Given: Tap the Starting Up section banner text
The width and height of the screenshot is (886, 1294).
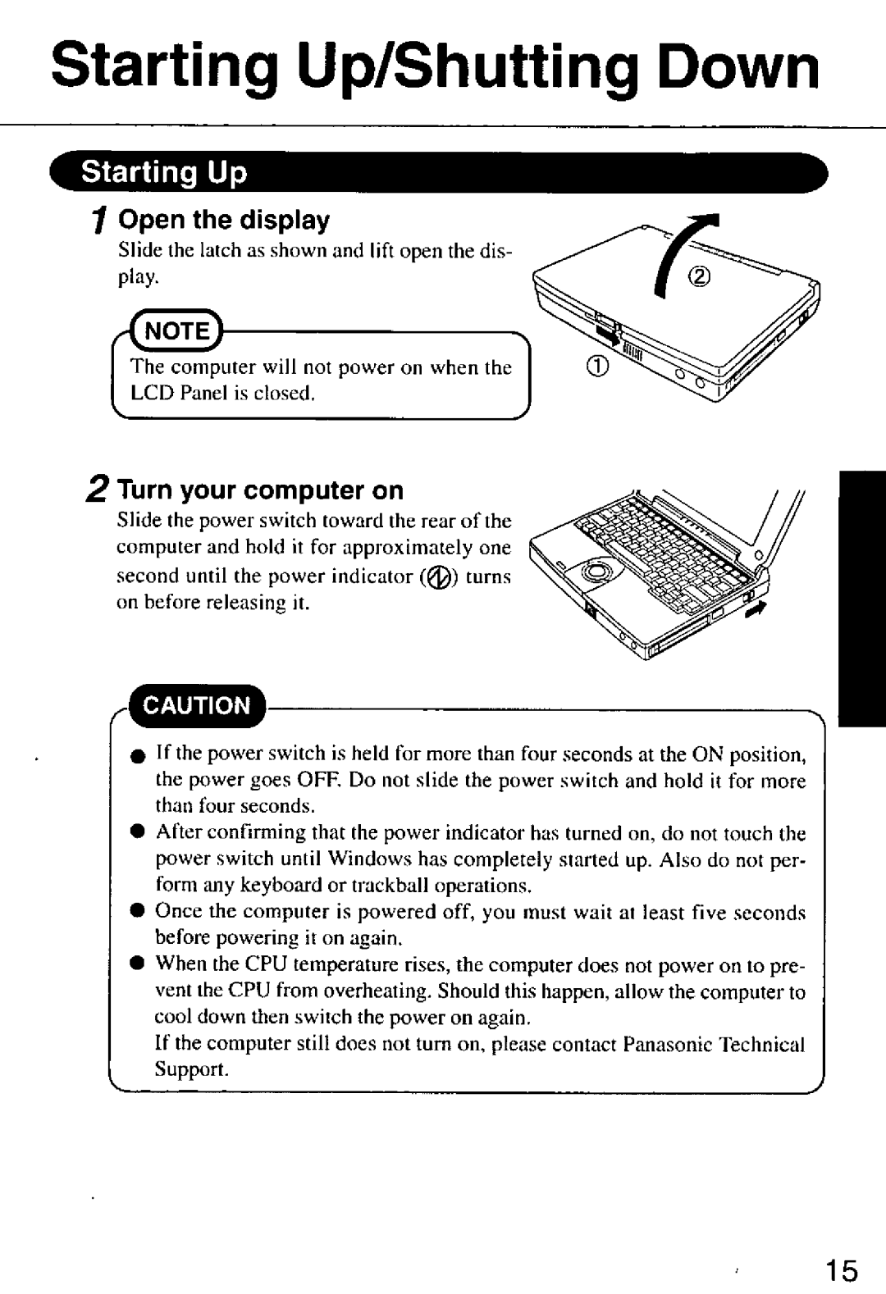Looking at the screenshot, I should [x=163, y=173].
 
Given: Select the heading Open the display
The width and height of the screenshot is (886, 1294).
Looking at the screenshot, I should [x=224, y=220].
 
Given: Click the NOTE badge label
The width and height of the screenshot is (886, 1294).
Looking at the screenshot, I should [x=178, y=331].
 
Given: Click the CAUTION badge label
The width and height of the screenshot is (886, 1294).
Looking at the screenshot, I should [x=198, y=705].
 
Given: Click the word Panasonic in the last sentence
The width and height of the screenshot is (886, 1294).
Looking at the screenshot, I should [x=666, y=1044].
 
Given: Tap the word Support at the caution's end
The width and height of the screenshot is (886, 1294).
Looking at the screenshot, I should [x=192, y=1070].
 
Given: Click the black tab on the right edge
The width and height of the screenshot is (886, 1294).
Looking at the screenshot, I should [x=862, y=599].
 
